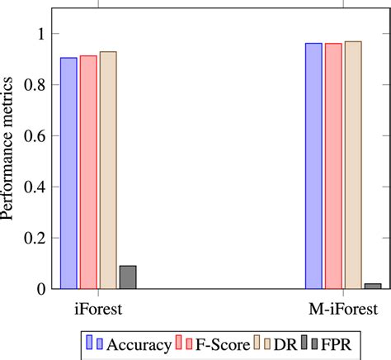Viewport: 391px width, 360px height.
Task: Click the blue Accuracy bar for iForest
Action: point(68,173)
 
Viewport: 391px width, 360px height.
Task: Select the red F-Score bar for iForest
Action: point(88,173)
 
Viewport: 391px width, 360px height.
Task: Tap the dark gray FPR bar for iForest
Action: point(128,277)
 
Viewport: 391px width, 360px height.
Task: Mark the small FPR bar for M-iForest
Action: point(373,286)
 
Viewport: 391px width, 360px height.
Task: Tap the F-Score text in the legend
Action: point(219,343)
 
